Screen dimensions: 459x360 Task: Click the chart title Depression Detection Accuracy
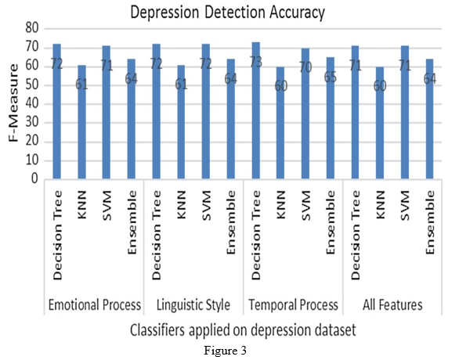227,13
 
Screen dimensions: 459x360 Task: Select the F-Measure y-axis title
13,103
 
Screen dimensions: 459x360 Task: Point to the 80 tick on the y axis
32,28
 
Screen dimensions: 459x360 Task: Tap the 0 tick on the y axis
34,178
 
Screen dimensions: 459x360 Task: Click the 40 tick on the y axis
32,104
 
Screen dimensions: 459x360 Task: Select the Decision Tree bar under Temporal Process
256,110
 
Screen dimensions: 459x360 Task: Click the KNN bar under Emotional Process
81,121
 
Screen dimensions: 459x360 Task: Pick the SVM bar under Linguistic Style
206,111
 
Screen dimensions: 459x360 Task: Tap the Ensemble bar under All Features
429,119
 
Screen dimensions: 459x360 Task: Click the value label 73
256,63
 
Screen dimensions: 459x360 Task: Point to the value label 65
331,77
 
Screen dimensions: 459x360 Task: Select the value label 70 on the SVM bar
305,67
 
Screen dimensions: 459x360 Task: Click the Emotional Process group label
95,305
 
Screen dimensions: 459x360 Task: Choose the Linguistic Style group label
193,305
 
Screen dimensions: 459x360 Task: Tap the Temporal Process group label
293,305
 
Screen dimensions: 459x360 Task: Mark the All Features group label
392,305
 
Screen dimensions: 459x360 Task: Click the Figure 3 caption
225,350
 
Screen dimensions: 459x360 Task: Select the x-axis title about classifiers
243,330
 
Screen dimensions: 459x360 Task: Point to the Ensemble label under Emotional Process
132,222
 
